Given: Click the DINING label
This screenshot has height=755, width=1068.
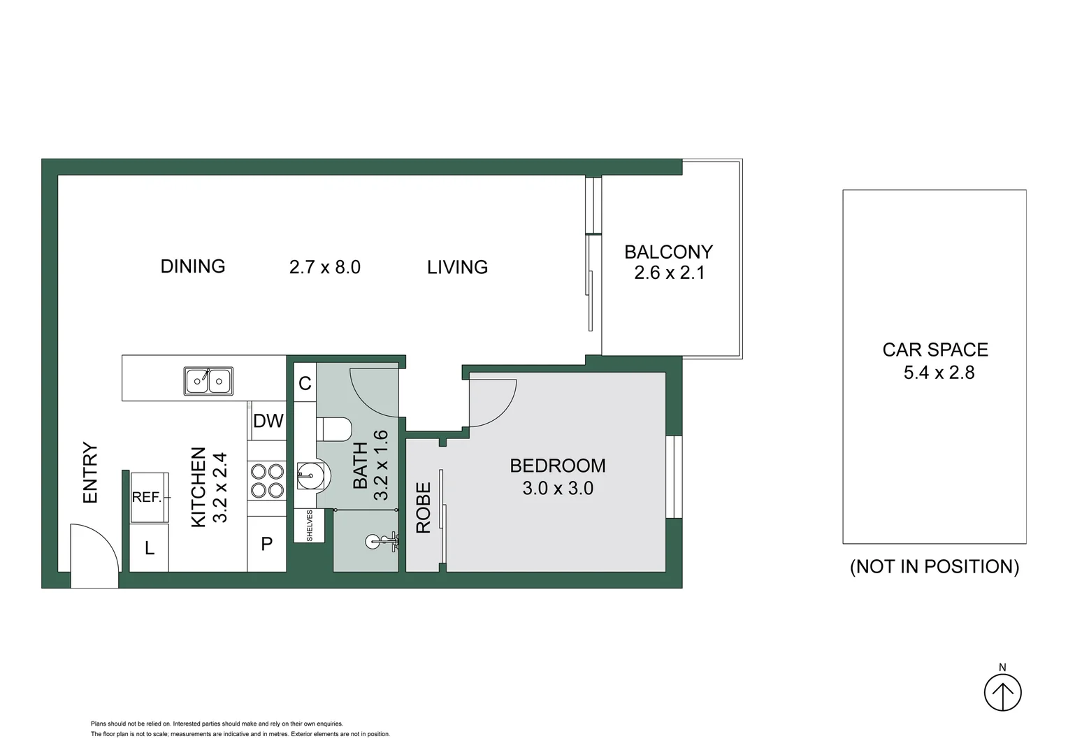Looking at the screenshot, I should [193, 266].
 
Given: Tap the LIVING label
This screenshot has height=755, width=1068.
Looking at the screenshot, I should [457, 267].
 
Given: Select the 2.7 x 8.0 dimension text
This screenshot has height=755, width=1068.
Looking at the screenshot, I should [325, 267].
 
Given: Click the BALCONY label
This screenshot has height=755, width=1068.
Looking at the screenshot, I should [668, 252].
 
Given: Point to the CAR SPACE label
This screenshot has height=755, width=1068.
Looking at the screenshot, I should [935, 350].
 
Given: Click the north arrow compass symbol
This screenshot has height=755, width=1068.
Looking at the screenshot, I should [1003, 692].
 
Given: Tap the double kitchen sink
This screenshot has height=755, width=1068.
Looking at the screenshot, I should [208, 381].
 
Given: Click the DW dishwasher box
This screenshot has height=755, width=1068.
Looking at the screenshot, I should [268, 421].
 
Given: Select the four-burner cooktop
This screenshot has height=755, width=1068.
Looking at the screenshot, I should [267, 481].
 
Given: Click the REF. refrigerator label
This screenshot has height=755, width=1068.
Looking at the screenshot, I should [147, 497].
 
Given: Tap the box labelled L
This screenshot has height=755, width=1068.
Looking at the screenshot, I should [150, 549].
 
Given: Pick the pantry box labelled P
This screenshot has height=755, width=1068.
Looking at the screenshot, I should [267, 544].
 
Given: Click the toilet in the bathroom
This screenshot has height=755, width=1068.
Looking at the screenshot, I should [334, 429].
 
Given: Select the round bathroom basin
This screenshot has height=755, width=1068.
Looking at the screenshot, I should [310, 475].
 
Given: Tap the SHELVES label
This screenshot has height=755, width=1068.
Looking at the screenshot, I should [310, 525].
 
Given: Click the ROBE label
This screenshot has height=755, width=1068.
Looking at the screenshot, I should [424, 508].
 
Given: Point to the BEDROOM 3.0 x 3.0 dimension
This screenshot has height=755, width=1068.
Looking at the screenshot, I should [558, 488].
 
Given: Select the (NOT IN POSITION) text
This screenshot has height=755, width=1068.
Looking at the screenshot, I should [934, 566].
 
